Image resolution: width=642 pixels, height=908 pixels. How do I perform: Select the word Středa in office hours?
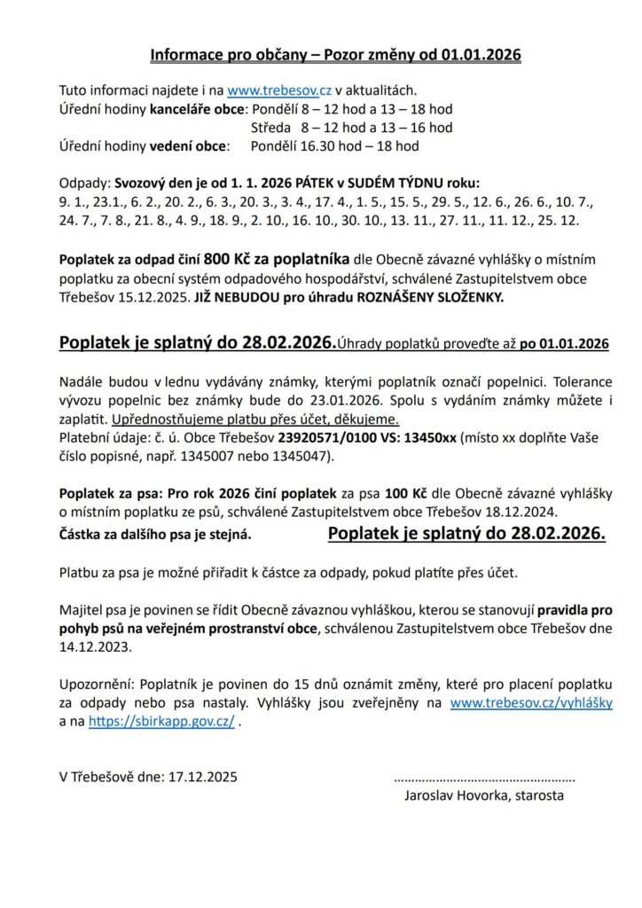point(270,128)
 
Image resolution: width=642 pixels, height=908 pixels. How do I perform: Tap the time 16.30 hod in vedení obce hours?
point(283,145)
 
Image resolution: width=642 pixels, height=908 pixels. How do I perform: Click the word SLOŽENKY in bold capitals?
point(466,297)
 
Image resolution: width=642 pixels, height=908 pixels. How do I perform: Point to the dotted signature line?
point(483,776)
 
